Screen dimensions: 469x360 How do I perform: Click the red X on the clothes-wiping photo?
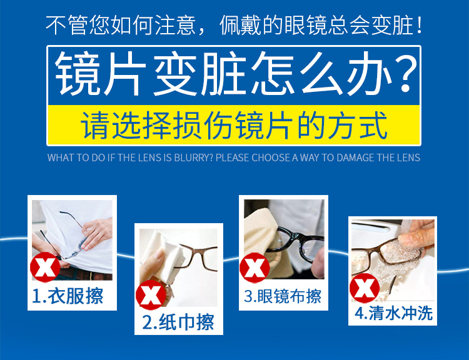[45, 267]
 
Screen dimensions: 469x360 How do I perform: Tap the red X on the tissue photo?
[151, 295]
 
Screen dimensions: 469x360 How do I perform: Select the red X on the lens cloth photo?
[255, 267]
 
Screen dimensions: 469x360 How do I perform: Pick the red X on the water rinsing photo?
[365, 288]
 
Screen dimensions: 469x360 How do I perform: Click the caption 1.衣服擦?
[68, 296]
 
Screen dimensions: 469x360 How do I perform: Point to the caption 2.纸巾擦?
[178, 322]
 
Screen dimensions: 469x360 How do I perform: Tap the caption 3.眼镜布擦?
[283, 296]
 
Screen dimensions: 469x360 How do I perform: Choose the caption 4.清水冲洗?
[393, 313]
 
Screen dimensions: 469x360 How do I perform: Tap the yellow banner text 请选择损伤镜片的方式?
[234, 125]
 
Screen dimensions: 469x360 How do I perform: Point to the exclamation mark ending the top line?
[419, 26]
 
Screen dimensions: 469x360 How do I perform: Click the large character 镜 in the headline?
[78, 74]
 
